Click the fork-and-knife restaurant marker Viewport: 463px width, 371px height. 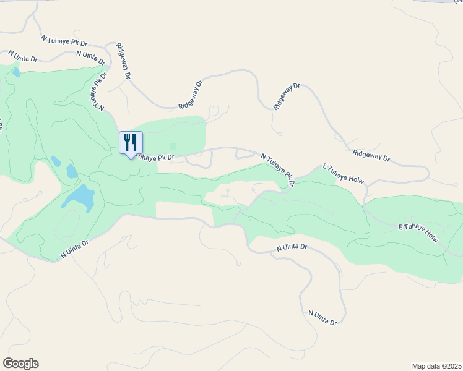[x=131, y=143]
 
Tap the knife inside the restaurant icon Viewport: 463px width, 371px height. [x=134, y=142]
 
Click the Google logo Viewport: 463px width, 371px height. [x=20, y=364]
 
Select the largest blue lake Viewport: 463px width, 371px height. [x=79, y=197]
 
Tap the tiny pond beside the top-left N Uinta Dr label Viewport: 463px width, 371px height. [x=15, y=72]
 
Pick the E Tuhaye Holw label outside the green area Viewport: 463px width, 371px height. [x=343, y=174]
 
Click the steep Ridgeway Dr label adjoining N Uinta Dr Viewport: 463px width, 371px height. [x=124, y=61]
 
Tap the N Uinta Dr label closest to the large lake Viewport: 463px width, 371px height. [x=75, y=251]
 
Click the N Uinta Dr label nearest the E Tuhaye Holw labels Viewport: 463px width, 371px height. [x=291, y=247]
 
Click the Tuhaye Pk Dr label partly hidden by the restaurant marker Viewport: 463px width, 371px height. [x=155, y=157]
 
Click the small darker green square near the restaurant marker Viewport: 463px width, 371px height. [x=173, y=147]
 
